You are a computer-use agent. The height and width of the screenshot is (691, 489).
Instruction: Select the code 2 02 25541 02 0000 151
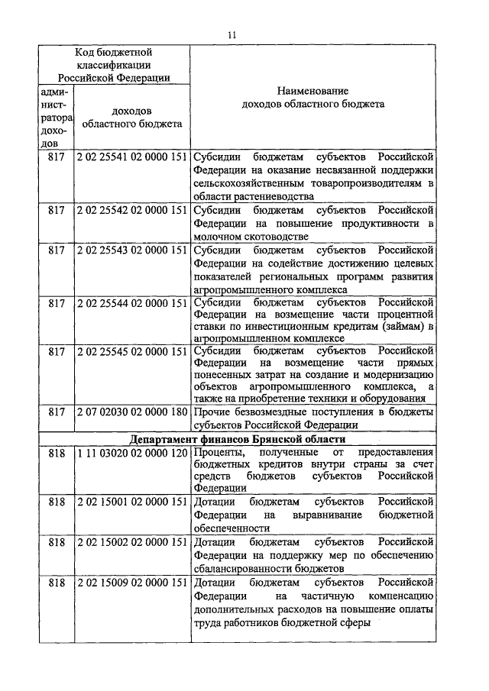[132, 157]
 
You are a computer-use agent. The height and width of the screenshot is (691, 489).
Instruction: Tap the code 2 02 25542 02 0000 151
[132, 210]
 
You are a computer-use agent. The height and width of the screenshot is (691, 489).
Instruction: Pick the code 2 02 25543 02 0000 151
[132, 250]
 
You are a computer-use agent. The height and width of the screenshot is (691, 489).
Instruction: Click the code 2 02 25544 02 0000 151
[132, 303]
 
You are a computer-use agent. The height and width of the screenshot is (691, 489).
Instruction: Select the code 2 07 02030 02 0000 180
[132, 412]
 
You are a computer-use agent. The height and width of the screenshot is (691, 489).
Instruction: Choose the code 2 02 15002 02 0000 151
[132, 541]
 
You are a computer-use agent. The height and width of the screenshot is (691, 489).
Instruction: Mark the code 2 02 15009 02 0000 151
[132, 583]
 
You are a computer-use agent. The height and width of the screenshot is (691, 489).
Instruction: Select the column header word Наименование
[313, 90]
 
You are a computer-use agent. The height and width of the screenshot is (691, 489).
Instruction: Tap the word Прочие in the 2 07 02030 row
[211, 412]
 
